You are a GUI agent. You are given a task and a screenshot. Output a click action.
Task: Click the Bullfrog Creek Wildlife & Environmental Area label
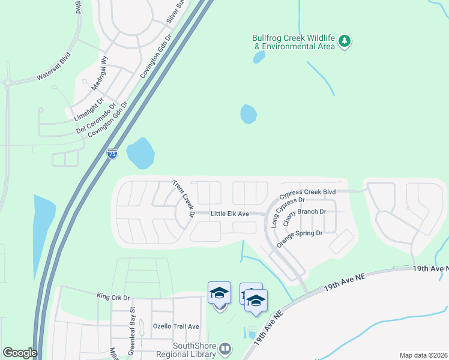(292, 41)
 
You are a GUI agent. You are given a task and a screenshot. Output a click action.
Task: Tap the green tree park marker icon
(345, 41)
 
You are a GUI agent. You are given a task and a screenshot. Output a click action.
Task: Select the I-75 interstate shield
(112, 154)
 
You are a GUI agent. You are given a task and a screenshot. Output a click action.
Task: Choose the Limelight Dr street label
(88, 109)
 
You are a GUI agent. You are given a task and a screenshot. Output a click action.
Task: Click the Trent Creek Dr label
(184, 199)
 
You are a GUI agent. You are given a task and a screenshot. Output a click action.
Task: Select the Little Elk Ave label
(230, 214)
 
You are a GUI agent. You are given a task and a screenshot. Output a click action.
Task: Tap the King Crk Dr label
(113, 296)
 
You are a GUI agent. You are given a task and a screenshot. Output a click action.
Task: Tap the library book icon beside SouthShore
(225, 349)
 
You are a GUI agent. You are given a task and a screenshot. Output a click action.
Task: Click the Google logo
(20, 353)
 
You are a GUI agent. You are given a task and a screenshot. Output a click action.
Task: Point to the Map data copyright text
(423, 355)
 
